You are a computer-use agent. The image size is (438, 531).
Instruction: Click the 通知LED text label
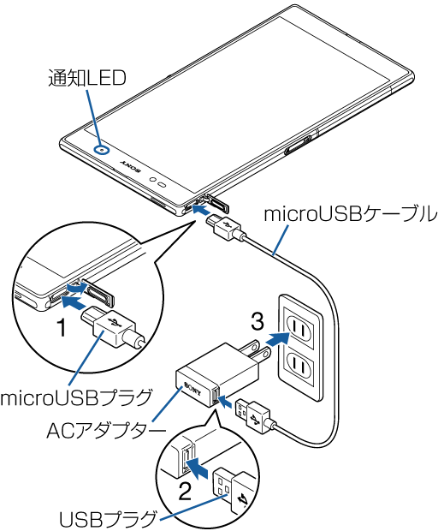(87, 78)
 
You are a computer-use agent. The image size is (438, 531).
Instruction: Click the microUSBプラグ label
(76, 397)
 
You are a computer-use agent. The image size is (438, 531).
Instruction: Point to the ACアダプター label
(106, 431)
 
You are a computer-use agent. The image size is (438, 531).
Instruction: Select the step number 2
(185, 492)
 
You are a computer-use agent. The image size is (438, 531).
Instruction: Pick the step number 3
(257, 321)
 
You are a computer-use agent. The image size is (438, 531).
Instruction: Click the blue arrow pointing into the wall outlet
(277, 339)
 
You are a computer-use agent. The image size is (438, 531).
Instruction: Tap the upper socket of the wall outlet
(299, 328)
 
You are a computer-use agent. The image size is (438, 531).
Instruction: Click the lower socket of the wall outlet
(299, 365)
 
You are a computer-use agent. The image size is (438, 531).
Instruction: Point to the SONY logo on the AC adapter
(192, 389)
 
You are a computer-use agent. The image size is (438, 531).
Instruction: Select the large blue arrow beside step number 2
(197, 468)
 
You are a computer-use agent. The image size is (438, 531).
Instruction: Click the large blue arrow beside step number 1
(73, 301)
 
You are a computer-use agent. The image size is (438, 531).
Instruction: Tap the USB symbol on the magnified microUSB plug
(115, 324)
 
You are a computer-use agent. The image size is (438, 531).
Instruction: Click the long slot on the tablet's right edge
(298, 145)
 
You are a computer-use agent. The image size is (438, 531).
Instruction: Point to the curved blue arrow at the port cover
(77, 288)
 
